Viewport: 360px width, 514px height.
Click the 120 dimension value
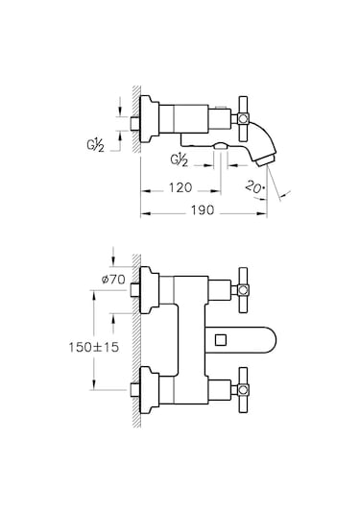[x=180, y=188]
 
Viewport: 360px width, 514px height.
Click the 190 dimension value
[x=203, y=210]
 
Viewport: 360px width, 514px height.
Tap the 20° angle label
[x=254, y=187]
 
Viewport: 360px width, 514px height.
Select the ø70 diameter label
[x=113, y=280]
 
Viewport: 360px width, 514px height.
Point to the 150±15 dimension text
[x=94, y=347]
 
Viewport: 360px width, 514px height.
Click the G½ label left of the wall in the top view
[x=96, y=145]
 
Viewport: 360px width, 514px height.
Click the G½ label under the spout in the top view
[x=180, y=160]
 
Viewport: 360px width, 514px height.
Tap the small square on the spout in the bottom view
[x=221, y=339]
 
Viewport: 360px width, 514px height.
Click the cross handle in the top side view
[x=243, y=118]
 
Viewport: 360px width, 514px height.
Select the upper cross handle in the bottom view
[x=243, y=290]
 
